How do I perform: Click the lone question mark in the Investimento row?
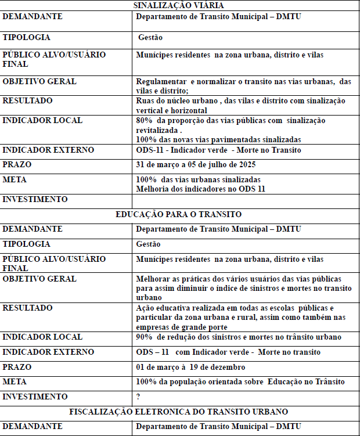point(138,397)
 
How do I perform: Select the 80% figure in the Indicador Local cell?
point(143,120)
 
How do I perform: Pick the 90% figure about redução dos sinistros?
point(143,337)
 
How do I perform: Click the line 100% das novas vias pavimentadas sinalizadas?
point(218,139)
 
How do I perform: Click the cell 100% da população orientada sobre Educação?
point(240,381)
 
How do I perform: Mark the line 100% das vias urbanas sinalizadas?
point(198,179)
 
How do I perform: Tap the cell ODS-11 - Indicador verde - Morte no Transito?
point(218,150)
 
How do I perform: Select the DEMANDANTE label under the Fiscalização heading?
point(33,427)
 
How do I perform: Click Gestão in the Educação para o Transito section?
point(148,244)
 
